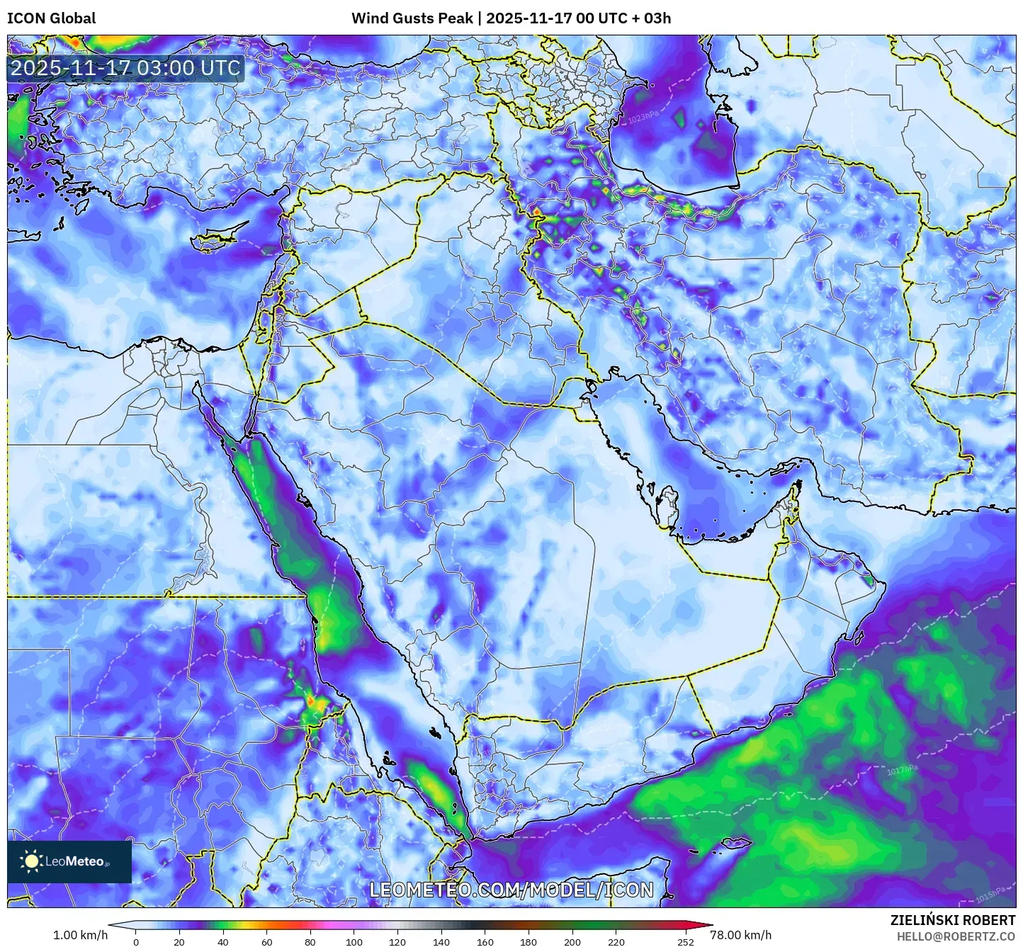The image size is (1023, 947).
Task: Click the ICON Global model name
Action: pyautogui.click(x=51, y=18)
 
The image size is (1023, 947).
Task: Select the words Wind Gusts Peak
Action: pyautogui.click(x=412, y=18)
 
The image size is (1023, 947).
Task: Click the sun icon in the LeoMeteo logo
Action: pyautogui.click(x=31, y=861)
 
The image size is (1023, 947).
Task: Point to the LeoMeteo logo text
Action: pyautogui.click(x=75, y=862)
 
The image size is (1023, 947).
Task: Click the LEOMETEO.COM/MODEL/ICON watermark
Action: pyautogui.click(x=511, y=890)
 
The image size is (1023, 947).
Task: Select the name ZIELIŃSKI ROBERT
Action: pyautogui.click(x=953, y=920)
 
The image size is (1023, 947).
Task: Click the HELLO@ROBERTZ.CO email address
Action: pyautogui.click(x=956, y=936)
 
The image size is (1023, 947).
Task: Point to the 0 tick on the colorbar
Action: pyautogui.click(x=136, y=942)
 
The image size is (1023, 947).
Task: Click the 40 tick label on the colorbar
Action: pyautogui.click(x=223, y=942)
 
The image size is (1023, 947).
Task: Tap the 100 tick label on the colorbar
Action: pyautogui.click(x=354, y=942)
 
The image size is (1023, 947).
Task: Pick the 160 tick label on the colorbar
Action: pyautogui.click(x=485, y=942)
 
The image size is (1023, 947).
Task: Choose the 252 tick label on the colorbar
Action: pyautogui.click(x=685, y=942)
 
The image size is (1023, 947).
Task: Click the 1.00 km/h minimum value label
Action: pyautogui.click(x=80, y=935)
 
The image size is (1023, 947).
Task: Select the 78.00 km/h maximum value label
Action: pyautogui.click(x=741, y=935)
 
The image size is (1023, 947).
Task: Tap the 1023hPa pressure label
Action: pyautogui.click(x=643, y=117)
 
